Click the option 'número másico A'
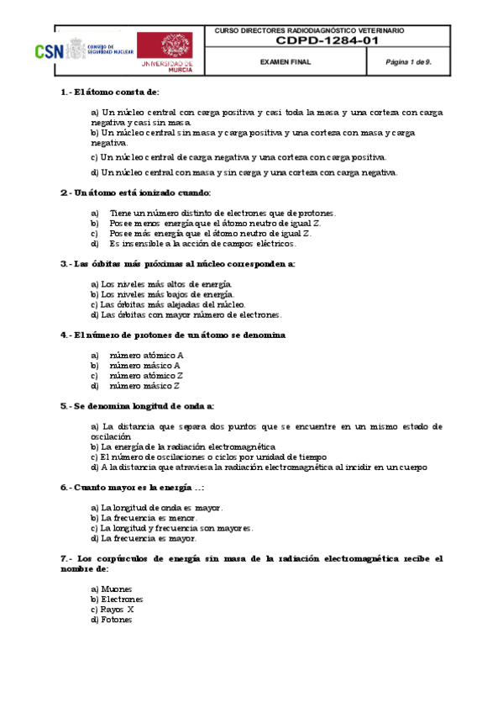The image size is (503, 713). [x=144, y=366]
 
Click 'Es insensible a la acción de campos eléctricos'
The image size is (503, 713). [x=202, y=244]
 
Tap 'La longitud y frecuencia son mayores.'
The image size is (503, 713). [x=171, y=528]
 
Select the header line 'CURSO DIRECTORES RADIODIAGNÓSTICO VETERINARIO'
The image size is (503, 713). [x=309, y=30]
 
